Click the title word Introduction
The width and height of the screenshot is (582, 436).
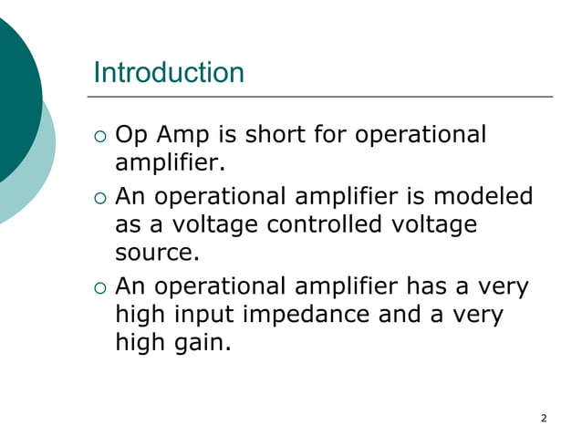point(169,72)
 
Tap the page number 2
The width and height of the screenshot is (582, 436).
point(544,419)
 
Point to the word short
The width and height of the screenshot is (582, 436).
point(275,135)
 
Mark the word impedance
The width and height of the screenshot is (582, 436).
point(341,316)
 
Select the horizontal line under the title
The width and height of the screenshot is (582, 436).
point(323,96)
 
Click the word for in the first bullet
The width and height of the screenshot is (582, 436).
point(329,135)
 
